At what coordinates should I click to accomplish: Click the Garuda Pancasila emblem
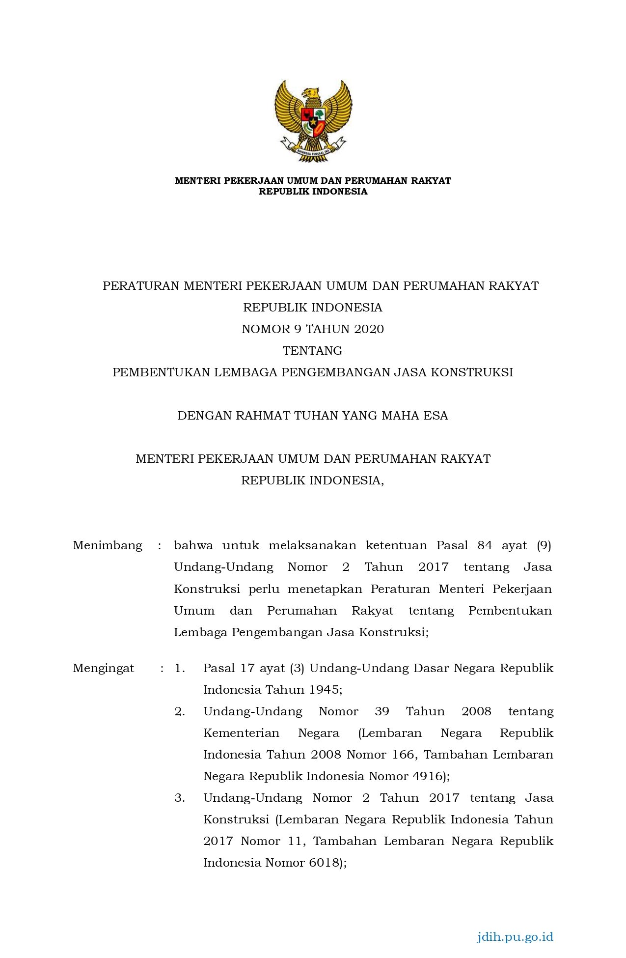click(313, 121)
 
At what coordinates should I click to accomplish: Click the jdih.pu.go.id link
click(515, 936)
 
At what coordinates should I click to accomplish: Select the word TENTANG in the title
click(313, 351)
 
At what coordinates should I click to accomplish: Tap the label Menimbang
click(108, 545)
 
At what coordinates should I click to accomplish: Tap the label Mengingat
click(104, 668)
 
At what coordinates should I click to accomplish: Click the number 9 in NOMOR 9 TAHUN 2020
click(298, 329)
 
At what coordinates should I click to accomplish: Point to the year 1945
click(324, 690)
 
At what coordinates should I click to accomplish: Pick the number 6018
click(325, 863)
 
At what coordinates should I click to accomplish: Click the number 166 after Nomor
click(403, 755)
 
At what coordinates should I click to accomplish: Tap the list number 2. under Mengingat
click(180, 711)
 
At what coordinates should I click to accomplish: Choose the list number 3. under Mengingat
click(180, 798)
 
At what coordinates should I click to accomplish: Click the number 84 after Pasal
click(485, 545)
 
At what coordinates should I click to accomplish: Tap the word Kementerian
click(241, 733)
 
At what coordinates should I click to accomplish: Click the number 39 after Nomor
click(382, 711)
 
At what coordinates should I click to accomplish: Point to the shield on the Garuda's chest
click(313, 123)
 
